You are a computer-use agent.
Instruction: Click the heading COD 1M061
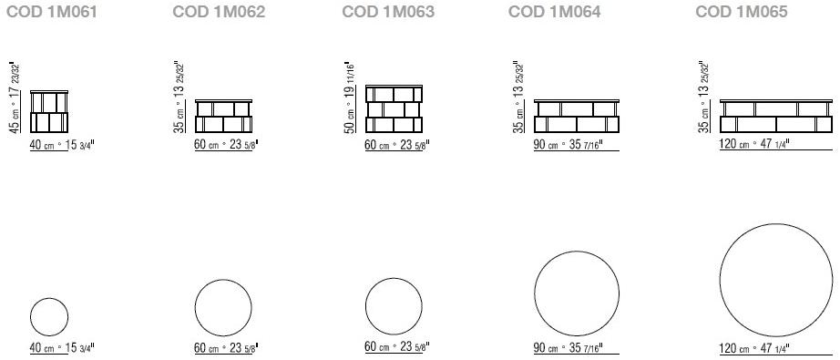click(x=51, y=13)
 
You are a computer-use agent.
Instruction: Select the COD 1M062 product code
click(x=219, y=13)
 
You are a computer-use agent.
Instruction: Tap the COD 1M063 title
click(x=388, y=13)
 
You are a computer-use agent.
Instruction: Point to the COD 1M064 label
click(x=555, y=13)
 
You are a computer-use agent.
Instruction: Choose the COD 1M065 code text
click(x=742, y=13)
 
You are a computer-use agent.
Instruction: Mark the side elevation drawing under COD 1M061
click(x=49, y=111)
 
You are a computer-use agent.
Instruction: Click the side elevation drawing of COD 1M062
click(x=223, y=116)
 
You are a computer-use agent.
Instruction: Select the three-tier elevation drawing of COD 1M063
click(x=394, y=108)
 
